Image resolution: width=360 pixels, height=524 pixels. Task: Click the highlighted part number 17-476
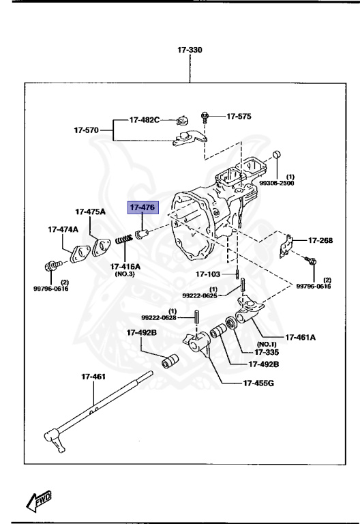pyautogui.click(x=142, y=207)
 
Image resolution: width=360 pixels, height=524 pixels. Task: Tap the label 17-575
pyautogui.click(x=239, y=117)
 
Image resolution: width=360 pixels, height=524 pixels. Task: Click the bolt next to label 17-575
pyautogui.click(x=205, y=117)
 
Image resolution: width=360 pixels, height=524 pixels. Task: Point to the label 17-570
pyautogui.click(x=87, y=129)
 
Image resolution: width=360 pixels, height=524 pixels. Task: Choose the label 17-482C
pyautogui.click(x=145, y=120)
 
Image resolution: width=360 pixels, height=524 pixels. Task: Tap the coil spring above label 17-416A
pyautogui.click(x=123, y=241)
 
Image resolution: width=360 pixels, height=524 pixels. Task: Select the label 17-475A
pyautogui.click(x=90, y=212)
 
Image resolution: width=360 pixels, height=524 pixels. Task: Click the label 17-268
pyautogui.click(x=320, y=240)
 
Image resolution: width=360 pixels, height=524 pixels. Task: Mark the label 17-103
pyautogui.click(x=209, y=274)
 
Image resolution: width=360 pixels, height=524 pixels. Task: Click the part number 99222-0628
pyautogui.click(x=158, y=317)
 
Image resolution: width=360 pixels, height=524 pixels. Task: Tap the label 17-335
pyautogui.click(x=268, y=352)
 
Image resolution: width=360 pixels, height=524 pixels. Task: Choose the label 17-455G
pyautogui.click(x=258, y=383)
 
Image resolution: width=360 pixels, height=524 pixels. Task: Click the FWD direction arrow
pyautogui.click(x=41, y=499)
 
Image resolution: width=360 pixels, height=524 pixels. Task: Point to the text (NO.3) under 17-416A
pyautogui.click(x=124, y=274)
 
